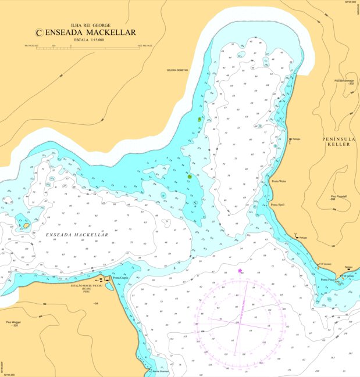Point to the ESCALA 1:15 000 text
pos(88,40)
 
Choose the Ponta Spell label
pos(277,204)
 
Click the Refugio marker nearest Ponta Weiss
pos(289,139)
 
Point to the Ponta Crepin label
pos(120,278)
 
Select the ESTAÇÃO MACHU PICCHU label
pos(87,285)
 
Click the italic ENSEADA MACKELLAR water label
pos(77,235)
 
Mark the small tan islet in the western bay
pos(26,224)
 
